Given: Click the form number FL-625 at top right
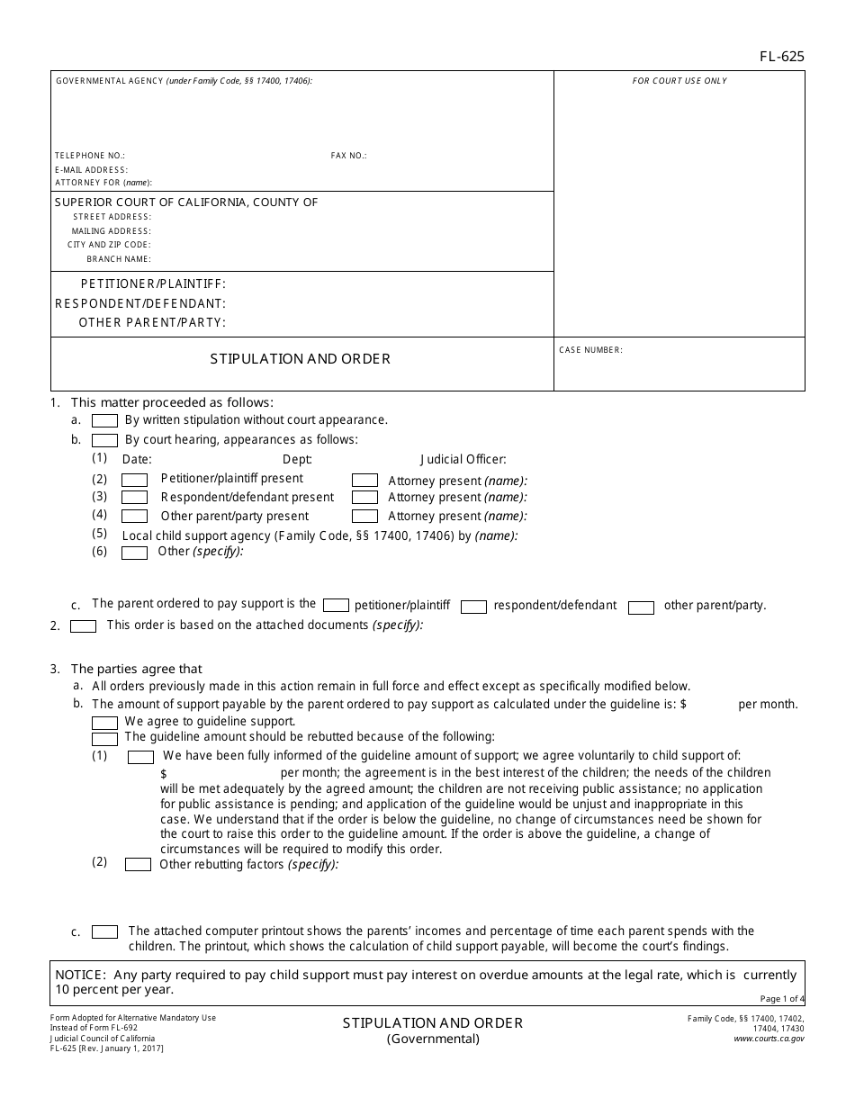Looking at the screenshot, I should coord(781,57).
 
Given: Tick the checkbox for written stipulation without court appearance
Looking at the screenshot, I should coord(105,420).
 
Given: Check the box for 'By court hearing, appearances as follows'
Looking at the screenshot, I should coord(105,440).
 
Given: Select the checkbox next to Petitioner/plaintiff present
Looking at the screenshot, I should coord(134,480).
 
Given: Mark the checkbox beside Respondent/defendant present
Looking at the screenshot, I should coord(134,497).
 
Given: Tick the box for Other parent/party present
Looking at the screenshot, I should coord(134,516).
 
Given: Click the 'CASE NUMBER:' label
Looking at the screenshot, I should coord(590,350).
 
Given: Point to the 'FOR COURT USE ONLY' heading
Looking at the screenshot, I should coord(679,81).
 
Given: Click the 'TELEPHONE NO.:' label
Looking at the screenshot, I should coord(90,156).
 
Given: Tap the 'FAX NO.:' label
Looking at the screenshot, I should coord(348,156).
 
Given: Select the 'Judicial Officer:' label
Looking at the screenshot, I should coord(463,460).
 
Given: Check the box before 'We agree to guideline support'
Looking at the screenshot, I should coord(105,722).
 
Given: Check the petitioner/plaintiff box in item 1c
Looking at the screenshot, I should coord(336,605).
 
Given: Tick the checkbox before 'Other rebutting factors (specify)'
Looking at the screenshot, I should coord(138,865).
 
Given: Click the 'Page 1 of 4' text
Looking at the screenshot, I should coord(781,998).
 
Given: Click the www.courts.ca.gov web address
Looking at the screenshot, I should coord(769,1038).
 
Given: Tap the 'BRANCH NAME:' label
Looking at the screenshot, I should coord(119,259).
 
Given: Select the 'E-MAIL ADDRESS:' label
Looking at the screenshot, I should coord(91,169).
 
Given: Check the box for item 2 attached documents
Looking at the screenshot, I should coord(83,626).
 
